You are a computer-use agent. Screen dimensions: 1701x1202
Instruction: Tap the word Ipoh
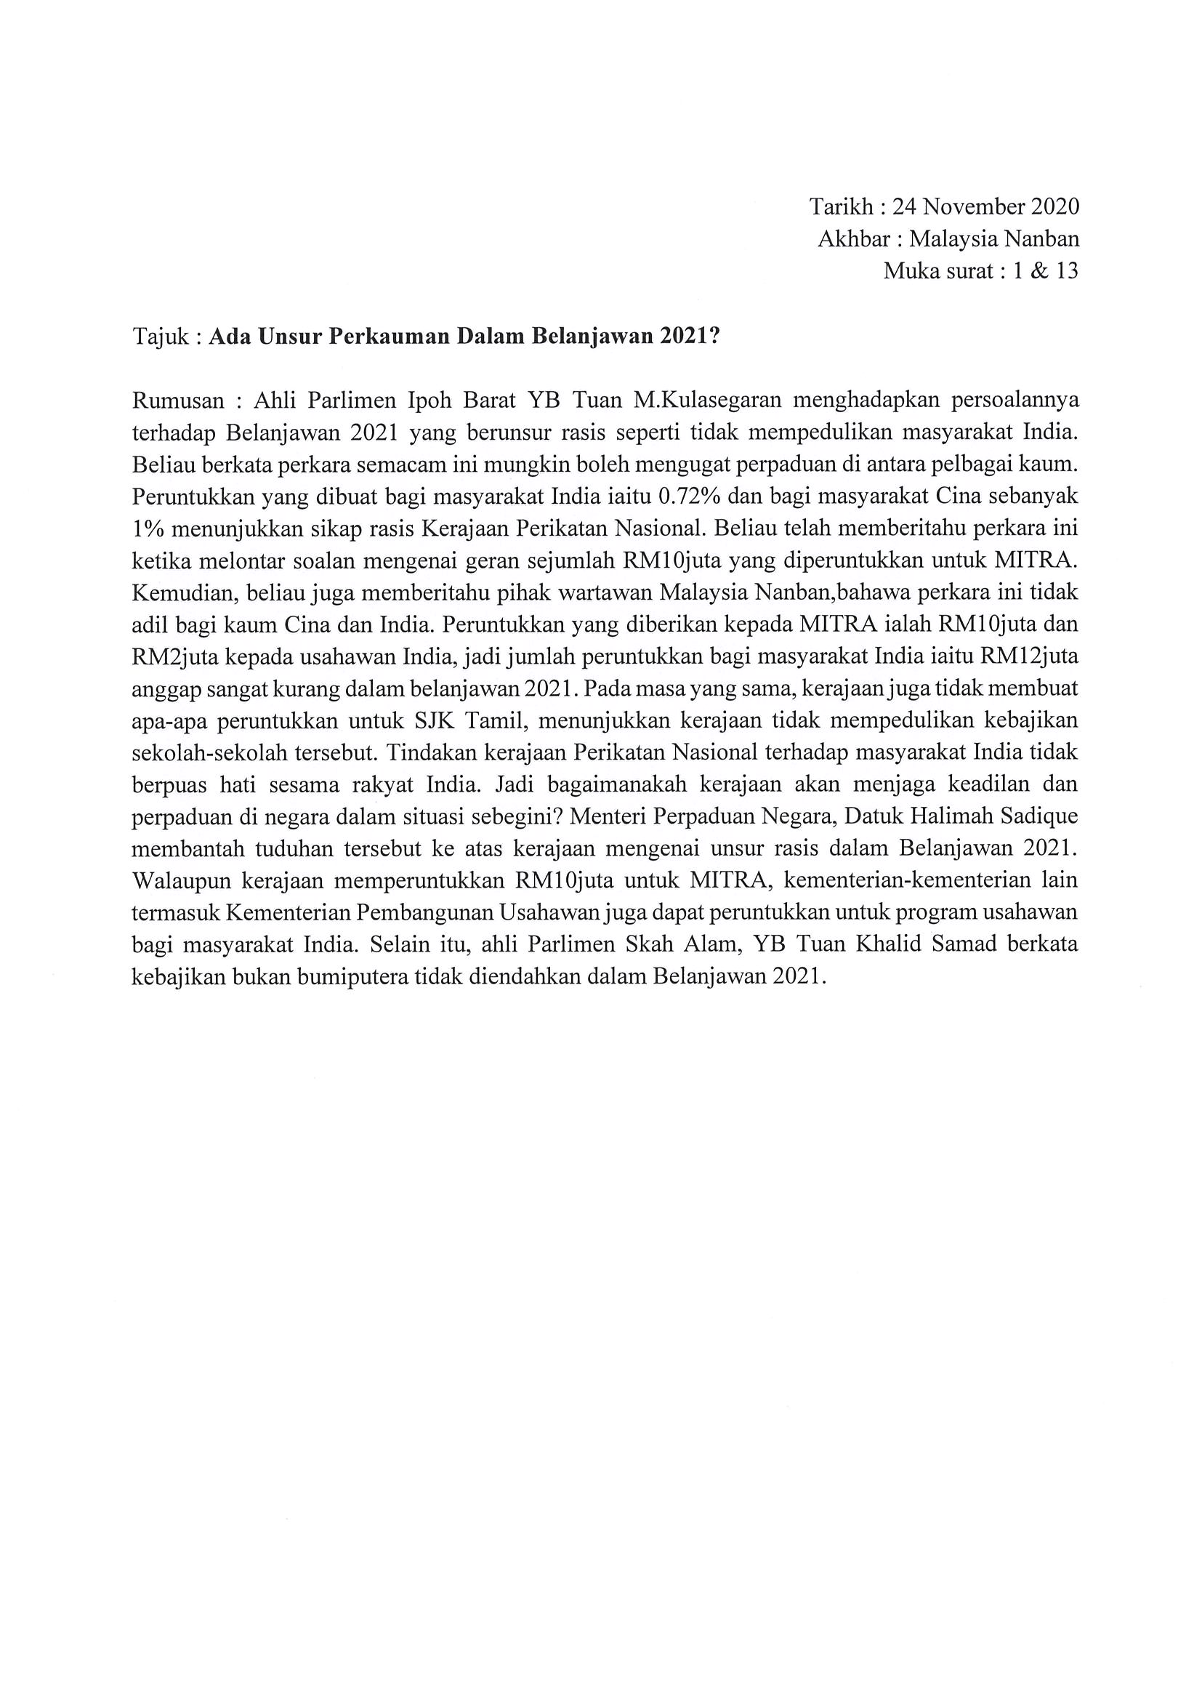[x=430, y=401]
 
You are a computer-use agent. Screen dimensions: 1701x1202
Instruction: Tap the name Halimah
[x=952, y=816]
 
